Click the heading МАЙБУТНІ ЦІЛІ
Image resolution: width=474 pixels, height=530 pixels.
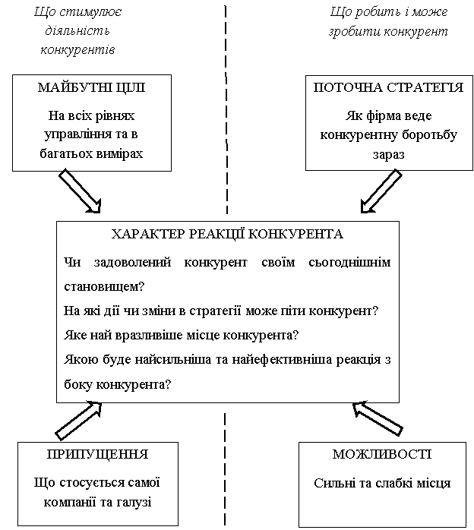click(x=91, y=87)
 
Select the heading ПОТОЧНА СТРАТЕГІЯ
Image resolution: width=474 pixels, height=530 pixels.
click(x=388, y=87)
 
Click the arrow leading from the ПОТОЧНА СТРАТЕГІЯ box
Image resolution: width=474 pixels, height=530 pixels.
click(x=381, y=191)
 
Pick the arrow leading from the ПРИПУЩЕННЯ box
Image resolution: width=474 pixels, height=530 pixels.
click(x=78, y=420)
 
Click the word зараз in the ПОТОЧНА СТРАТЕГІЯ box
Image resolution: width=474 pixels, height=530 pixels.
click(x=387, y=153)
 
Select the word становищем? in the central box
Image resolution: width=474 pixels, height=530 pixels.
click(x=104, y=287)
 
